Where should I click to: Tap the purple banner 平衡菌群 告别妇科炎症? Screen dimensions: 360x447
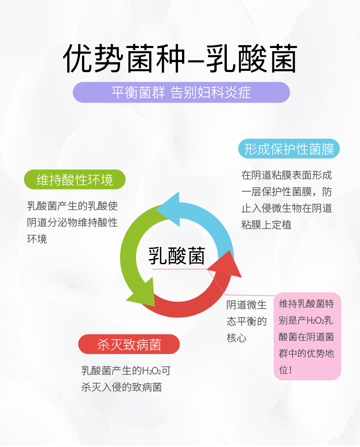(x=181, y=92)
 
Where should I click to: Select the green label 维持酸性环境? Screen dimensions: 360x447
(x=75, y=180)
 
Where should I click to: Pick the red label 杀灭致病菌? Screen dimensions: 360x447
(x=129, y=344)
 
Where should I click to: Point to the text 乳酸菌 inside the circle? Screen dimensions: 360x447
(x=176, y=256)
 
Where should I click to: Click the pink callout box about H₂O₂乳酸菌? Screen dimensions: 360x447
(x=307, y=336)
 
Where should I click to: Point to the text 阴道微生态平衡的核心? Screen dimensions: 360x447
(x=246, y=321)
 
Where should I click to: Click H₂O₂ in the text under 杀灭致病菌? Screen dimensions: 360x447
(x=152, y=371)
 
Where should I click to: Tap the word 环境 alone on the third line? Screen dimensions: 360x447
(x=37, y=239)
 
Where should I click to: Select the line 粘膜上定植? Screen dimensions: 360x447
(x=266, y=225)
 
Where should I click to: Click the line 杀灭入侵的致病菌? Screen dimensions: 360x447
(x=122, y=387)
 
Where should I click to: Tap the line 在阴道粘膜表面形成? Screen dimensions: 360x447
(x=286, y=175)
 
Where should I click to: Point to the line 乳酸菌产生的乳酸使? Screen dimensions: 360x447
(x=72, y=206)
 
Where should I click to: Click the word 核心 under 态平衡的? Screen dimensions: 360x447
(x=236, y=338)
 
